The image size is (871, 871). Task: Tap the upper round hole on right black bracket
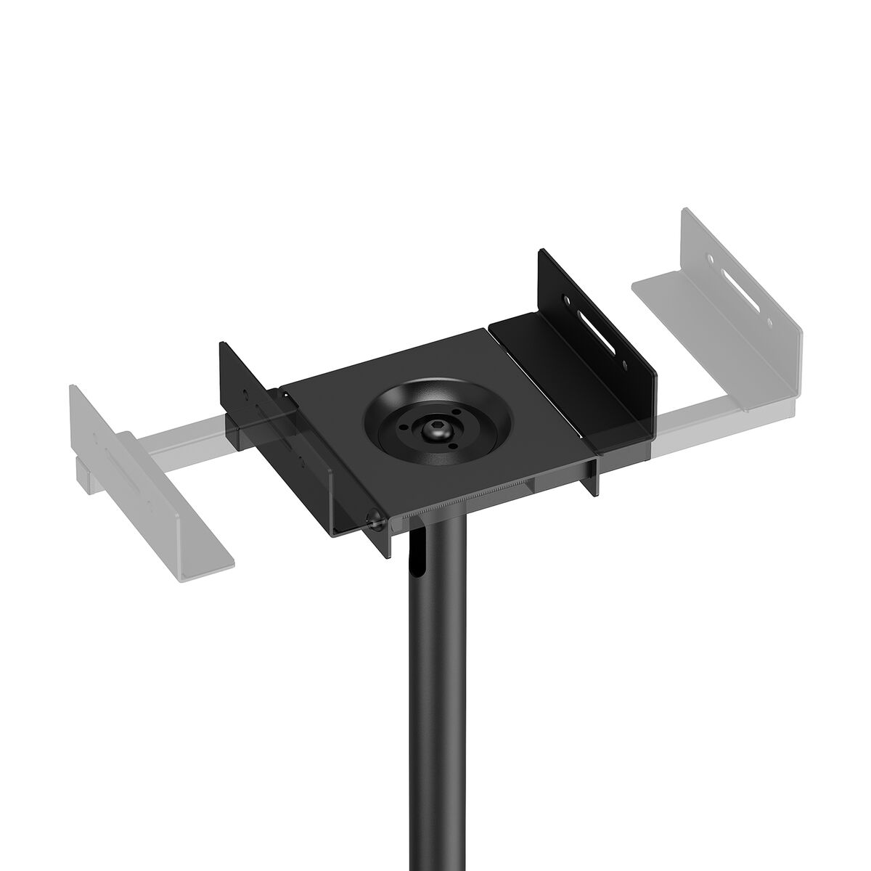[x=563, y=297]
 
